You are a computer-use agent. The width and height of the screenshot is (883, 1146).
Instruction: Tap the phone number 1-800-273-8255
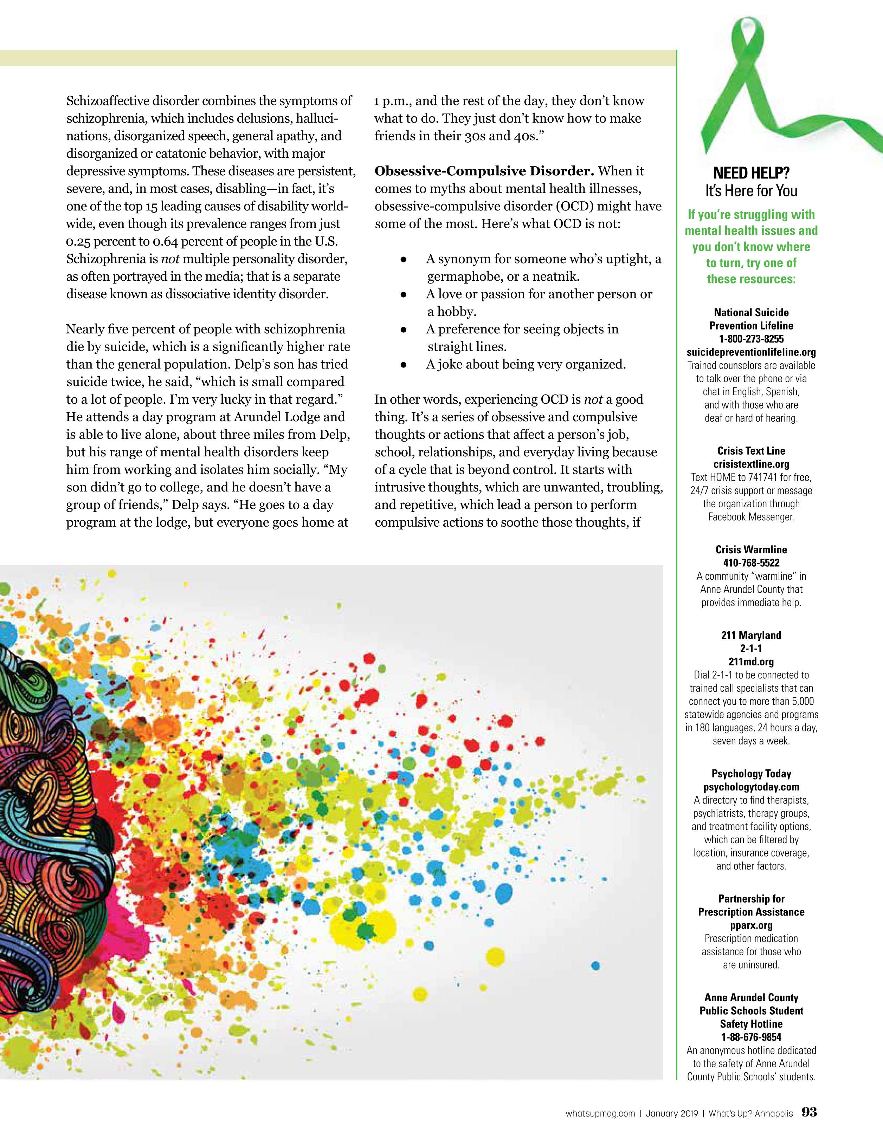pyautogui.click(x=751, y=339)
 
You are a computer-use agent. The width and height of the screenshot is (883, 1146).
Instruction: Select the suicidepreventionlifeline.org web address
pyautogui.click(x=751, y=352)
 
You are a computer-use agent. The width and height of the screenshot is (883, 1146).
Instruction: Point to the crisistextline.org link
pyautogui.click(x=751, y=464)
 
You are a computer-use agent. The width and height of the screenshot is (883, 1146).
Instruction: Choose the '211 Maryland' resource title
pyautogui.click(x=751, y=635)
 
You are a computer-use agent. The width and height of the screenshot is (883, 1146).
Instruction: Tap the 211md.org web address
pyautogui.click(x=751, y=662)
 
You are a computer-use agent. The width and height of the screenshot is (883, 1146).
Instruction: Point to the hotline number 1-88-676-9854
pyautogui.click(x=751, y=1037)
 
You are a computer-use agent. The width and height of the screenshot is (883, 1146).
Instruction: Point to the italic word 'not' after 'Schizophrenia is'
pyautogui.click(x=170, y=259)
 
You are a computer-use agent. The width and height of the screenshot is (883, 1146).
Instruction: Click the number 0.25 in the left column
pyautogui.click(x=79, y=241)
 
